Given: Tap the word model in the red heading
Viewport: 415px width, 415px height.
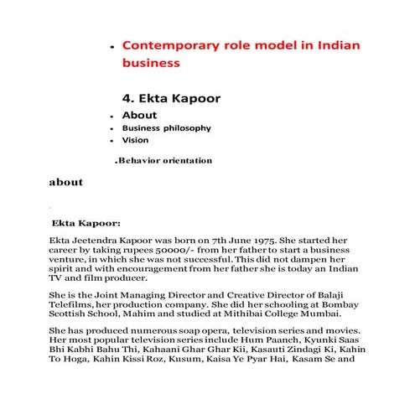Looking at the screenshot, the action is pyautogui.click(x=277, y=44).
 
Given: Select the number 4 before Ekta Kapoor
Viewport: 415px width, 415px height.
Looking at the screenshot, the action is pyautogui.click(x=127, y=98).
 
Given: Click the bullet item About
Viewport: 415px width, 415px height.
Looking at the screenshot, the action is pyautogui.click(x=139, y=115).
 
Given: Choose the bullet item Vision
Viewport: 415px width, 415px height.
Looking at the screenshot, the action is pyautogui.click(x=135, y=140).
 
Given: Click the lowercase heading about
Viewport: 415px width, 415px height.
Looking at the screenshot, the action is pyautogui.click(x=65, y=182).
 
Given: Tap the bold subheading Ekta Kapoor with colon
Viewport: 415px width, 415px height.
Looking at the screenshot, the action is pyautogui.click(x=86, y=224).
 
